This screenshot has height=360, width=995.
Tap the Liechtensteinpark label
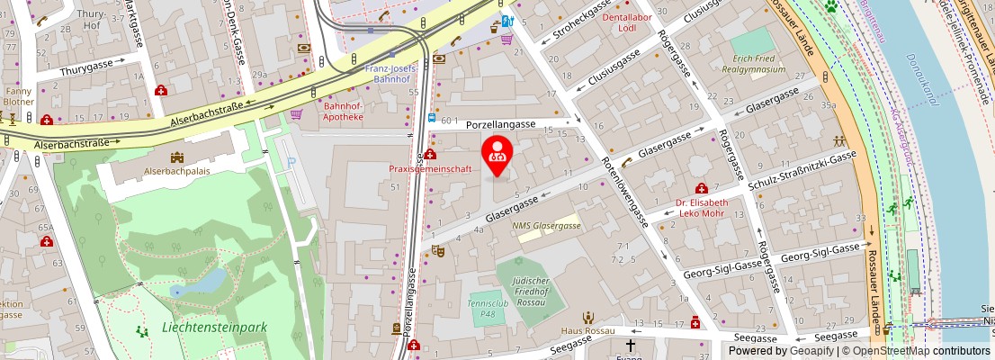(x=214, y=328)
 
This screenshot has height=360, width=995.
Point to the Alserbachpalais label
(x=177, y=169)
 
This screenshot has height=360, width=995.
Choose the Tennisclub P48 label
(x=485, y=309)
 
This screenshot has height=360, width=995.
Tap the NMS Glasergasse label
(x=546, y=225)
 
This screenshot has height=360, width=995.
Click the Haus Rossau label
(x=587, y=330)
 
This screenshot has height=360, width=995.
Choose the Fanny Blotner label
(x=19, y=96)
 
